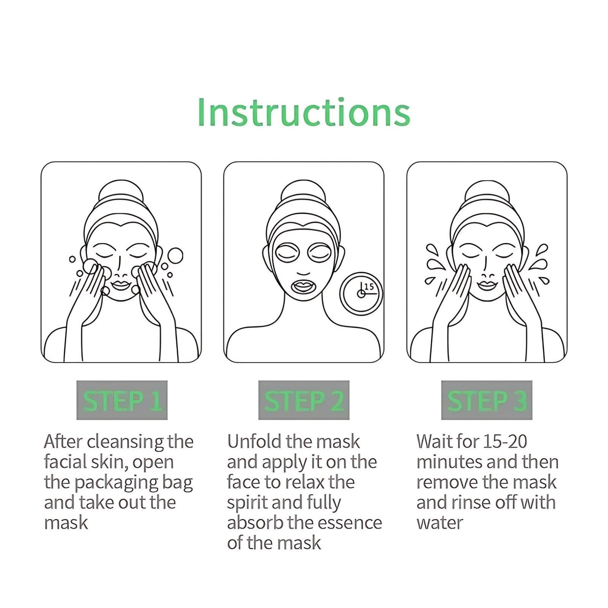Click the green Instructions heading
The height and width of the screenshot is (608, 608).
point(303,112)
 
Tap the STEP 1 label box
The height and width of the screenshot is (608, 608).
point(122,400)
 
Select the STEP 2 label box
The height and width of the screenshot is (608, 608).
point(304,400)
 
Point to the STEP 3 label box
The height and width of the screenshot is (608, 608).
point(486,400)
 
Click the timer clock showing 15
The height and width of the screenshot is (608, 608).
point(361,293)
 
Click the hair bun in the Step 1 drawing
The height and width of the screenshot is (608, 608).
point(120,194)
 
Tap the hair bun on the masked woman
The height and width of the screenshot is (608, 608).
point(303,194)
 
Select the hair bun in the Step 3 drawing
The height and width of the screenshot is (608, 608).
point(487,194)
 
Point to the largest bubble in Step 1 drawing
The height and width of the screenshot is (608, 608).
point(175,255)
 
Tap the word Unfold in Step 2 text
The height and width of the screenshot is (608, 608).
point(254,442)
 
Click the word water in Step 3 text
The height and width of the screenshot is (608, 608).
point(439,523)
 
